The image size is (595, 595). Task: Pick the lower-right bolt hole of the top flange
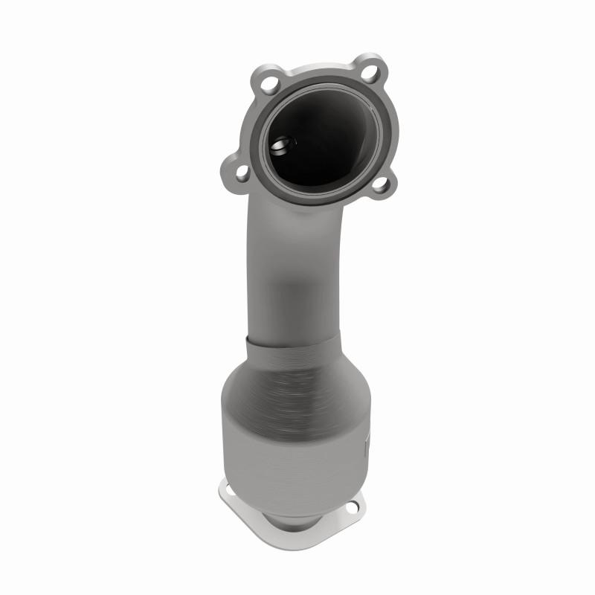380,185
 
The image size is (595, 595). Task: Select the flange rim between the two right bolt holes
382,126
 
